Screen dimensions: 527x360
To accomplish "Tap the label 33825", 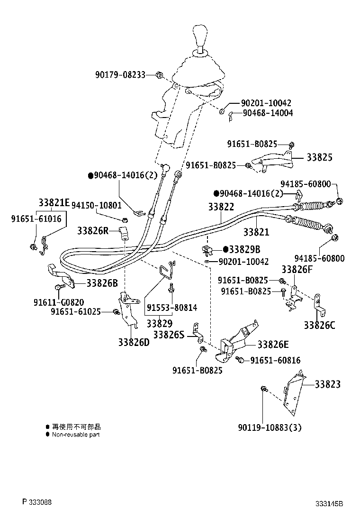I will [319, 157].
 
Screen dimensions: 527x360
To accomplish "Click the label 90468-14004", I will [268, 113].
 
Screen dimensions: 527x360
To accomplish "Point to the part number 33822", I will [221, 207].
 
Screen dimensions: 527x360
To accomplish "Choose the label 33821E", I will [54, 203].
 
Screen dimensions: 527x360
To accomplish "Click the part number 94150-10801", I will [96, 205].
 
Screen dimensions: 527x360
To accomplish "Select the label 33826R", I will [93, 231].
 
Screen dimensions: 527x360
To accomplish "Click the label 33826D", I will [134, 342].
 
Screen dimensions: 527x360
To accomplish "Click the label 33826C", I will [319, 325].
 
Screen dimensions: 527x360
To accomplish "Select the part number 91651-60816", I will [275, 361].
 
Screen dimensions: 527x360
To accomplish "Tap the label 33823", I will [327, 384].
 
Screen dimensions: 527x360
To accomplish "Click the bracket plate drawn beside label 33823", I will [294, 391].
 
